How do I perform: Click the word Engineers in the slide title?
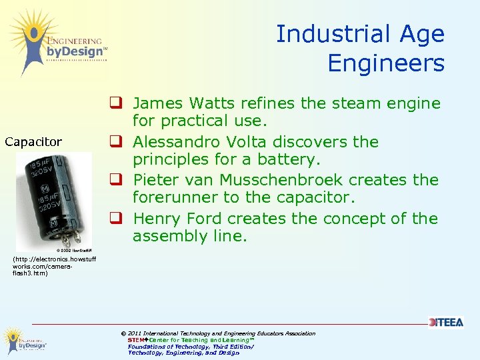[x=385, y=63]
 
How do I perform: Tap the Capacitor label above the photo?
[x=33, y=141]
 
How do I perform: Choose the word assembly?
[x=166, y=236]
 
